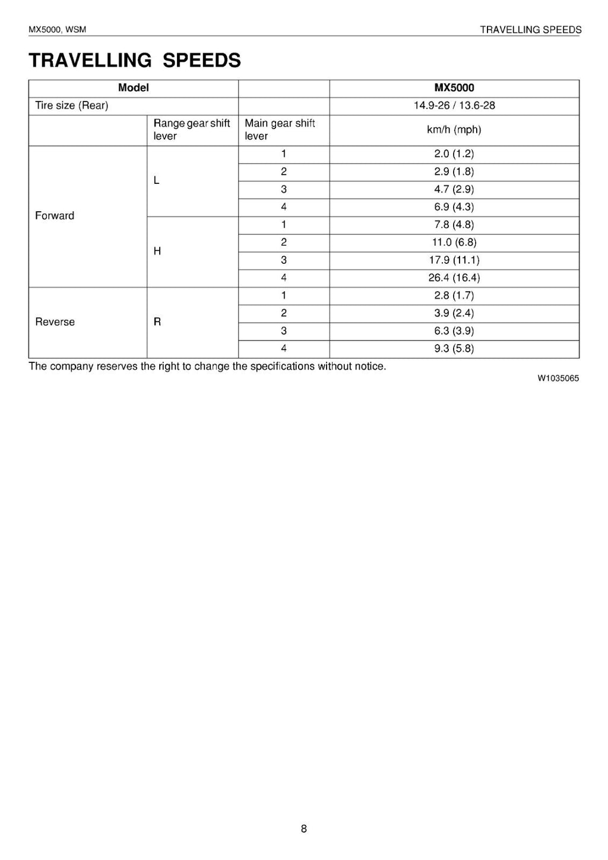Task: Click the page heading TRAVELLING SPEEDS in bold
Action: [135, 60]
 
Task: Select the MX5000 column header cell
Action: [454, 88]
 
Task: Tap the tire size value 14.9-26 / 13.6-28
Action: [454, 106]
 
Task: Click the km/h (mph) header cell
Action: [454, 130]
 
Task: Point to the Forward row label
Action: [55, 216]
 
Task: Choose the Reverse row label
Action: [55, 322]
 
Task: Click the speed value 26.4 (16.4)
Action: [454, 278]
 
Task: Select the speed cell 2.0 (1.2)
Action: [454, 154]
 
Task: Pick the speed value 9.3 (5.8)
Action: [454, 349]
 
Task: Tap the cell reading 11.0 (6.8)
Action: [454, 242]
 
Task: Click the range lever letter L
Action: [157, 180]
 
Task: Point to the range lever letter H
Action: [157, 251]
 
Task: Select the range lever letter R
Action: [157, 322]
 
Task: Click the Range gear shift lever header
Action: [191, 130]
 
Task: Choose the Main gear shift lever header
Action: [280, 130]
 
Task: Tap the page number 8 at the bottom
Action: [304, 829]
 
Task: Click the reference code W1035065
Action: [558, 378]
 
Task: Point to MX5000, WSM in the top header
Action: [57, 30]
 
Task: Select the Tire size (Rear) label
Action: [71, 106]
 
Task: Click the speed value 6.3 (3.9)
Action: [454, 331]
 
